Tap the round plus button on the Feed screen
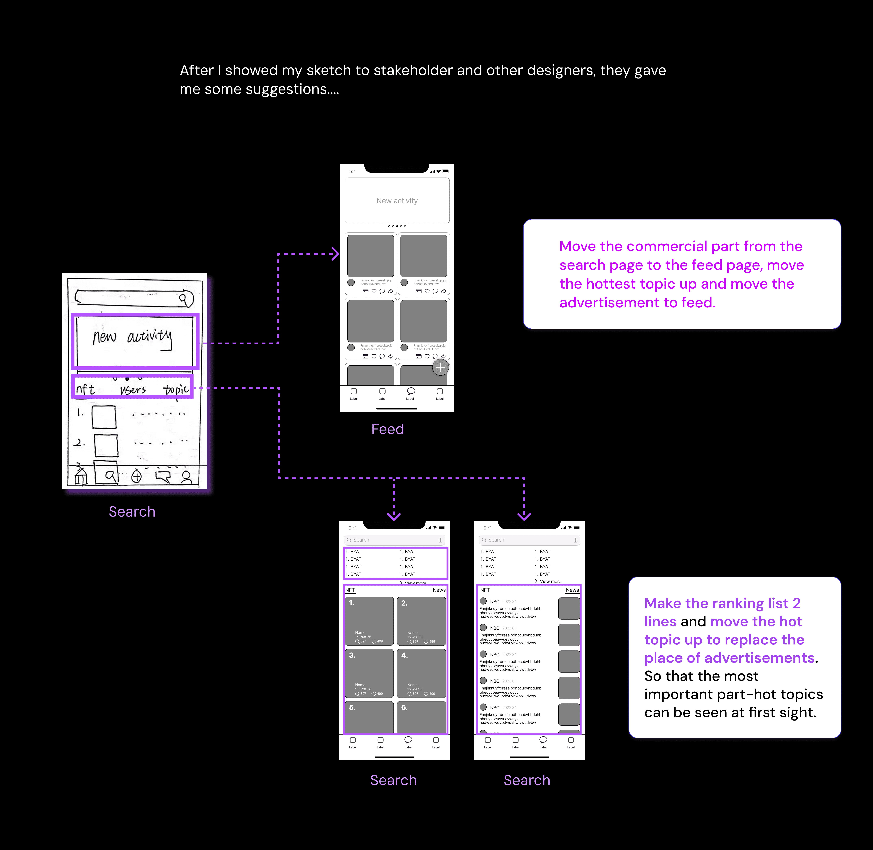[441, 367]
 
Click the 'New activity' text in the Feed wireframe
[397, 201]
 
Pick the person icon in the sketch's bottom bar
[187, 477]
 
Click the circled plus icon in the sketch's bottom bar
[136, 477]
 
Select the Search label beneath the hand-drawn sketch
[132, 512]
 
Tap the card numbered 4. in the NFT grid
[421, 673]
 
